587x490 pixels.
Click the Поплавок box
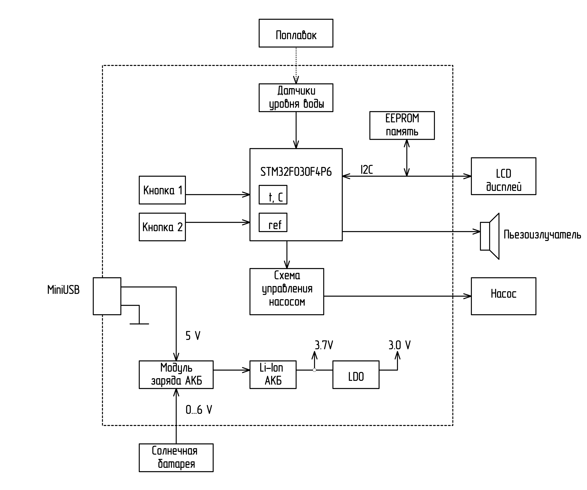pos(296,33)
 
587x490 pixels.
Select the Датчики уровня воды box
pos(296,98)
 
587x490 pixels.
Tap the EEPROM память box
pos(402,125)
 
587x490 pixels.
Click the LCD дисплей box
pos(503,176)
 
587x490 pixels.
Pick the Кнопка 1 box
pos(162,190)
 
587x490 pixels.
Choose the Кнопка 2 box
pos(162,227)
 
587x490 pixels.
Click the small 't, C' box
pos(273,195)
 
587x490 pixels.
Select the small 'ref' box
pos(273,222)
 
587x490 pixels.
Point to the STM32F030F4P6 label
pos(296,172)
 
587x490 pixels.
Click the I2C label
pos(366,169)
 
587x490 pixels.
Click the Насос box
pos(503,296)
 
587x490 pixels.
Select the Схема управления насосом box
pos(287,292)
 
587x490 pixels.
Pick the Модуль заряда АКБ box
pos(176,374)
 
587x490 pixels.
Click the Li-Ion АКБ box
pos(273,374)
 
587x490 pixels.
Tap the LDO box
pos(356,374)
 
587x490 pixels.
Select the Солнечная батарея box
pos(176,458)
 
